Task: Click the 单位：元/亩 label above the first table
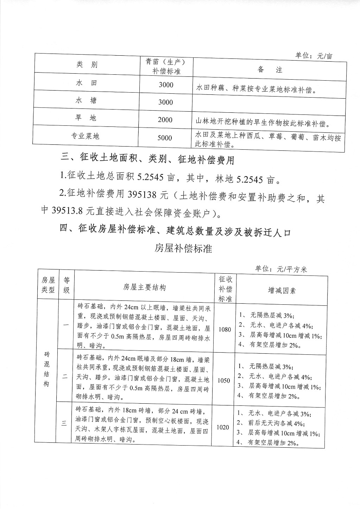tap(314, 56)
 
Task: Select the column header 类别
tap(87, 64)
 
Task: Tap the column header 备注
tap(270, 69)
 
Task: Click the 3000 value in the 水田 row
tap(166, 85)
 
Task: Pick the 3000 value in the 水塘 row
tap(165, 103)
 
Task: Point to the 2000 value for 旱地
tap(165, 120)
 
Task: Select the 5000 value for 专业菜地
tap(165, 138)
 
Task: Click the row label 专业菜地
tap(86, 136)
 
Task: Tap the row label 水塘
tap(86, 101)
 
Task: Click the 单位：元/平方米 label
tap(281, 269)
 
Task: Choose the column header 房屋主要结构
tap(144, 287)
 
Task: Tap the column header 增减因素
tap(282, 290)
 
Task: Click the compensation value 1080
tap(225, 329)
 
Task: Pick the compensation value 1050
tap(223, 380)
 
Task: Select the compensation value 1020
tap(222, 427)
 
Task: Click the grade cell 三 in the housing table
tap(64, 424)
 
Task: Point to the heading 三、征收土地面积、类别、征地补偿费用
tap(147, 159)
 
